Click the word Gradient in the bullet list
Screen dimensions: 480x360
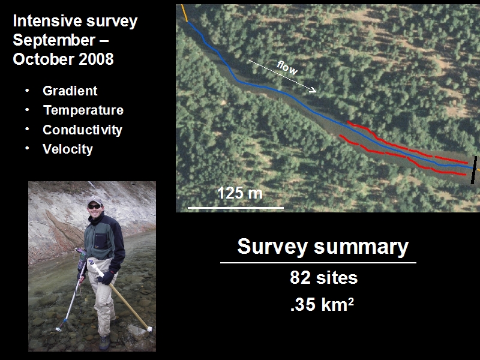click(70, 91)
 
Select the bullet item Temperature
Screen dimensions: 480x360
click(83, 110)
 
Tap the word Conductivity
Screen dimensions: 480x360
click(82, 130)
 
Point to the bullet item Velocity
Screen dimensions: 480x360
click(68, 149)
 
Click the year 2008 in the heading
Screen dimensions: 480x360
click(96, 59)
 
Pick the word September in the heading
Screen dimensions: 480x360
click(54, 40)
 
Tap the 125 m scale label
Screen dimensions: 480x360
click(239, 193)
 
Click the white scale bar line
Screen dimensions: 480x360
click(236, 208)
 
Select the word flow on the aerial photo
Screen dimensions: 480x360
click(287, 68)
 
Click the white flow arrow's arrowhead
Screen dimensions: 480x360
click(313, 90)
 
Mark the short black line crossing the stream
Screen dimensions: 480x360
click(474, 170)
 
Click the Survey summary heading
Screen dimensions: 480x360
click(323, 247)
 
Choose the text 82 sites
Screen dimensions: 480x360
click(323, 278)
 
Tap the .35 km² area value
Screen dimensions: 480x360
click(322, 304)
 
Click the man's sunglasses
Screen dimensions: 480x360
click(94, 207)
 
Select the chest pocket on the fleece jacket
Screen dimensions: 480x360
click(100, 241)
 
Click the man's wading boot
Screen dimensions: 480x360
click(104, 342)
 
